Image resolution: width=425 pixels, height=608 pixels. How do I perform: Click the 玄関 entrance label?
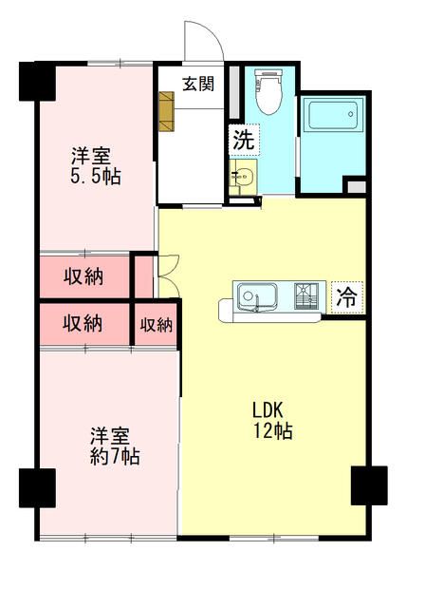tap(198, 84)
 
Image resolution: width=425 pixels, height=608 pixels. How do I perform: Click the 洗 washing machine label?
tap(244, 138)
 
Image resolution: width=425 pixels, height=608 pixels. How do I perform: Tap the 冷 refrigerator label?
tap(347, 296)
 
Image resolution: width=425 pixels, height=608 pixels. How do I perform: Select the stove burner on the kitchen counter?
tap(308, 297)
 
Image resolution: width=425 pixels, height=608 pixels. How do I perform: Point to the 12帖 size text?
tap(271, 431)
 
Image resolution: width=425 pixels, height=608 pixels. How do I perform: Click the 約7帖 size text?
tap(110, 457)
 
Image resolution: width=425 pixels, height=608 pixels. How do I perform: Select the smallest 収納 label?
tap(157, 325)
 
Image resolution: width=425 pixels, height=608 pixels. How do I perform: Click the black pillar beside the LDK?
tap(369, 485)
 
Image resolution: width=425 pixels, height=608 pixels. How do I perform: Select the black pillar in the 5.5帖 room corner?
tap(36, 82)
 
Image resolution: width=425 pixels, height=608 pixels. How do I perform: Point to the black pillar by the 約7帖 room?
tap(37, 488)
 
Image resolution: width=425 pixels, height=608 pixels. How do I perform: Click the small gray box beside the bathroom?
tap(355, 186)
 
